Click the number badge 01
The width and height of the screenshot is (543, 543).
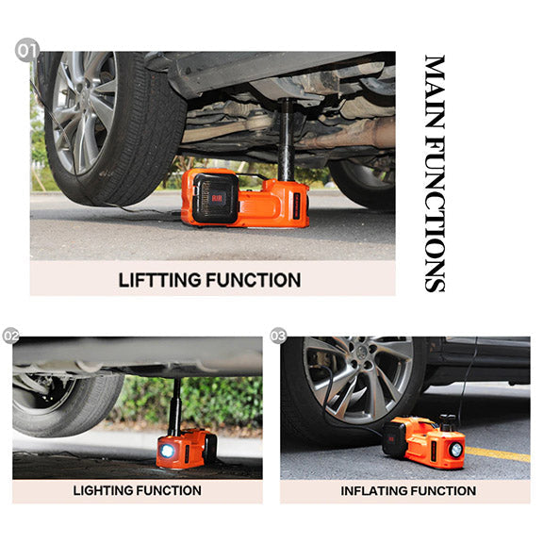tap(27, 49)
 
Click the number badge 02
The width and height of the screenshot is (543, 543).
tap(11, 336)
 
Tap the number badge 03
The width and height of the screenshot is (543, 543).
tap(278, 336)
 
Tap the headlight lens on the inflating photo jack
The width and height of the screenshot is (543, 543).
tap(455, 450)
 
